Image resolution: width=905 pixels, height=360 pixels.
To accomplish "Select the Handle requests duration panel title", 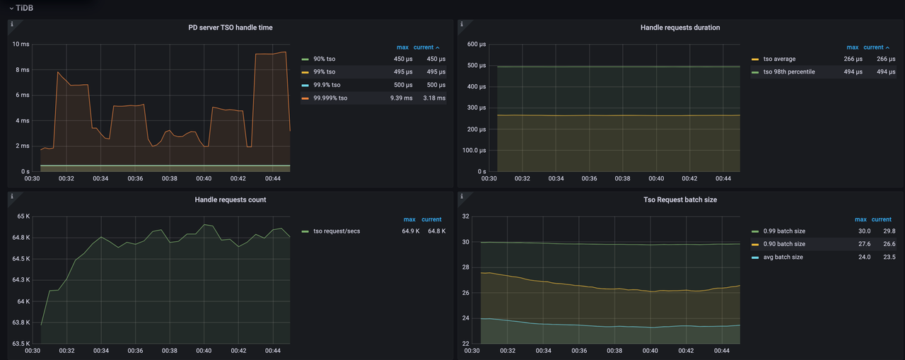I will click(x=680, y=28).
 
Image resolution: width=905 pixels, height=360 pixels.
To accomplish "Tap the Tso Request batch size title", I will click(x=680, y=200).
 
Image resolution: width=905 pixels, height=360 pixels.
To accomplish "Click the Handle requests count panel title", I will click(x=230, y=200).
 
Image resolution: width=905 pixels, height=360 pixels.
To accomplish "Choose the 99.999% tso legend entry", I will click(x=330, y=98).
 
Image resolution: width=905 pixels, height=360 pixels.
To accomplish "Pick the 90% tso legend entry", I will click(x=325, y=59).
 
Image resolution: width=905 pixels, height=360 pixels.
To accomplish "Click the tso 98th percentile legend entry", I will click(x=789, y=72).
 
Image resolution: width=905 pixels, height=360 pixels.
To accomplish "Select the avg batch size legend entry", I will click(x=783, y=257).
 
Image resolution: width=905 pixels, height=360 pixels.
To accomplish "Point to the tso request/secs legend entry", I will click(x=337, y=231).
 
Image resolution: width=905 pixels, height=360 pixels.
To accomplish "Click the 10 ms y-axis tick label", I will click(x=21, y=45).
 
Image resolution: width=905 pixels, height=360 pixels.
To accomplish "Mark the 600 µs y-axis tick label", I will click(x=477, y=45).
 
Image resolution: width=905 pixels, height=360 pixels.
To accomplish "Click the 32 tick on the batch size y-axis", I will click(x=466, y=216).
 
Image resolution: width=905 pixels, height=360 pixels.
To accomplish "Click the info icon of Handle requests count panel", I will click(x=11, y=196).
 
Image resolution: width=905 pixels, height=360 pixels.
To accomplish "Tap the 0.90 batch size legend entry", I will click(x=783, y=244).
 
